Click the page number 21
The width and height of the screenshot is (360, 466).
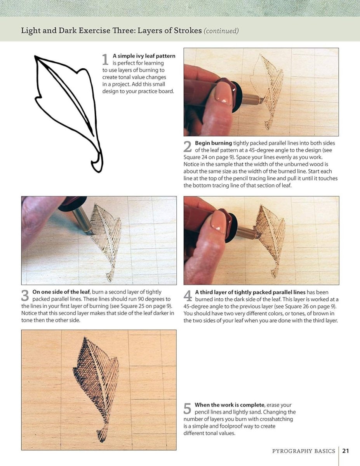click(x=346, y=451)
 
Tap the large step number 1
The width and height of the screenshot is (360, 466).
click(x=105, y=59)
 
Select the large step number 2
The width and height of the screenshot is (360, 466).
click(x=188, y=147)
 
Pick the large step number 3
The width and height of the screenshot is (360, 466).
click(x=25, y=296)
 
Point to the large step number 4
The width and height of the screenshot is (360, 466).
click(x=188, y=296)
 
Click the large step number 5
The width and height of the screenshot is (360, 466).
click(x=188, y=409)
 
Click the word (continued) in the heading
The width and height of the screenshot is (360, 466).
click(x=221, y=31)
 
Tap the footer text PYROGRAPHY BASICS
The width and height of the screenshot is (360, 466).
click(x=303, y=451)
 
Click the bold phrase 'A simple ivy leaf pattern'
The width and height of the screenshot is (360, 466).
click(x=144, y=56)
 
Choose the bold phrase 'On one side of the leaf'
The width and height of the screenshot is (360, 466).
click(x=61, y=292)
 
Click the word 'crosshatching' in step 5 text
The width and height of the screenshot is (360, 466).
click(x=277, y=419)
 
